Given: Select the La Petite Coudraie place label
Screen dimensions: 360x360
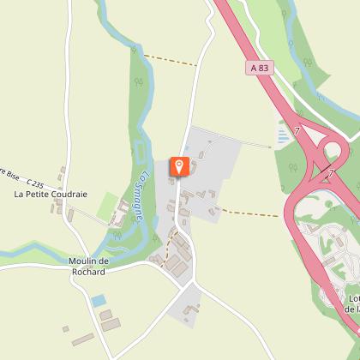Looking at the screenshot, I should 51,195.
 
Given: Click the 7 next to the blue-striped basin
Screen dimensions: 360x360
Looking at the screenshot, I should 297,131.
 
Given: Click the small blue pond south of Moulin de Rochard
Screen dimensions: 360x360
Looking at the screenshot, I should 99,300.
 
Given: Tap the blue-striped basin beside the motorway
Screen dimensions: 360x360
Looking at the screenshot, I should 283,133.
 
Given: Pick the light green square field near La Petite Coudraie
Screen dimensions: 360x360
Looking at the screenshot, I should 108,207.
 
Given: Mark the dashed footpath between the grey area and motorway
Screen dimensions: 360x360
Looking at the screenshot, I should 249,212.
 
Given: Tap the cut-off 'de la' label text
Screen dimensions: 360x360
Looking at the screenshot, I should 350,309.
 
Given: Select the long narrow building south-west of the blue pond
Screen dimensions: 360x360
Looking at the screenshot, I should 82,341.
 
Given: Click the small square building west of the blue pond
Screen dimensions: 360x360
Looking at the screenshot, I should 65,328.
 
